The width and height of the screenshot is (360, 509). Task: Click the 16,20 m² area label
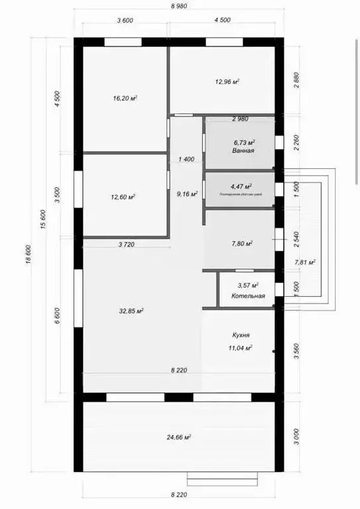pos(125,98)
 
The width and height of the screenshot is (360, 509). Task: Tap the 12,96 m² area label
pos(227,82)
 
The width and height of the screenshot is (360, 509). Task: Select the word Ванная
pos(243,151)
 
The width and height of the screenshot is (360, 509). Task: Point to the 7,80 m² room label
pos(242,244)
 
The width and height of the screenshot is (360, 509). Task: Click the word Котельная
pos(248,296)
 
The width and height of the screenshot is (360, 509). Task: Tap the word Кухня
pos(241,336)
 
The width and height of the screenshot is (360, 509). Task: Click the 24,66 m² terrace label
pos(178,437)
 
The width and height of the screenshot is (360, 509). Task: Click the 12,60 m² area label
pos(123,197)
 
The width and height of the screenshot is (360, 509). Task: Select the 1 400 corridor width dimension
pos(186,160)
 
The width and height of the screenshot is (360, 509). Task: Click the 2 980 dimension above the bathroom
pos(240,119)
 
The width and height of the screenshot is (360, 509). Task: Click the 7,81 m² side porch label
pos(304,262)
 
